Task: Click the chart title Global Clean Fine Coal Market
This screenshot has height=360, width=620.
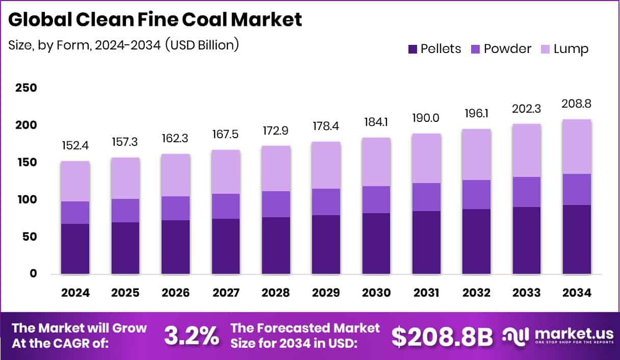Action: point(155,20)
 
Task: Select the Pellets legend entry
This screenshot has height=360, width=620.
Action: point(434,49)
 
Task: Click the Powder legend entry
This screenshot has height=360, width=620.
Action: point(501,49)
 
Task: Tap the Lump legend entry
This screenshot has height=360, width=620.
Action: point(564,49)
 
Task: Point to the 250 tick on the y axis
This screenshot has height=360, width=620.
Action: point(26,88)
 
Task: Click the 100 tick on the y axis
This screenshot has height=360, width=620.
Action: point(26,199)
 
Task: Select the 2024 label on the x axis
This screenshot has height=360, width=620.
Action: point(75,293)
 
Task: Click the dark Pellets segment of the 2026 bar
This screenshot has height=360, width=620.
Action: point(175,247)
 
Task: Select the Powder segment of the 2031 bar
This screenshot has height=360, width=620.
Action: point(427,197)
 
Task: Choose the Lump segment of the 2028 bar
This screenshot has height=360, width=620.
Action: point(276,168)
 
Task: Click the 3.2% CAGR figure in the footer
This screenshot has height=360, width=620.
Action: point(192,336)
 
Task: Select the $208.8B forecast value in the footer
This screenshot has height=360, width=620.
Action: point(442,336)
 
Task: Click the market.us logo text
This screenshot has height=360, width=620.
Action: point(573,333)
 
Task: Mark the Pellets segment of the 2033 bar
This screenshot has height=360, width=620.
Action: point(527,240)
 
